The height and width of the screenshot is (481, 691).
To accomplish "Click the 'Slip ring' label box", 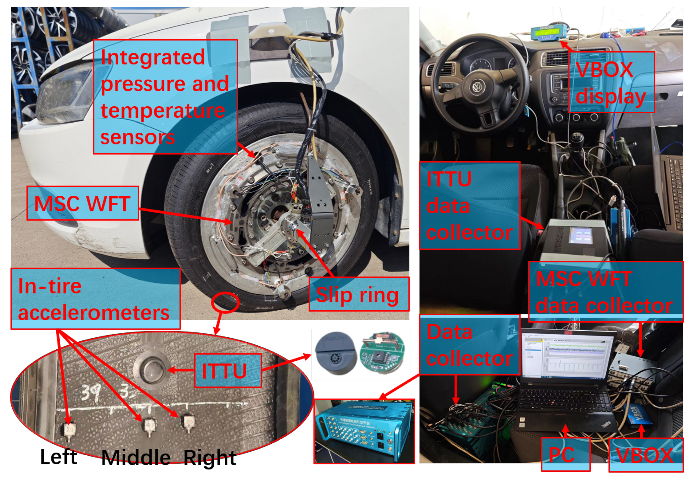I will [x=359, y=294].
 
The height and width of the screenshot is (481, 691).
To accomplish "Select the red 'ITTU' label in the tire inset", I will [x=228, y=371].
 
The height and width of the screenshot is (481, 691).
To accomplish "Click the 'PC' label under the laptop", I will [x=565, y=454].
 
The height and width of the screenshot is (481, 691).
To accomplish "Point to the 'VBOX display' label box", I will [x=611, y=82].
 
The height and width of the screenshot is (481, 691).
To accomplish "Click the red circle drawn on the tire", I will [x=225, y=302].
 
